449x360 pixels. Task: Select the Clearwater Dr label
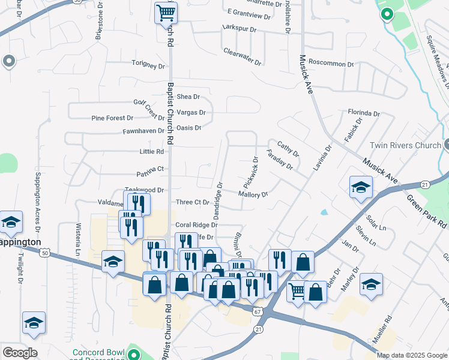tap(243, 57)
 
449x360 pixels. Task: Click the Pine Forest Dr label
tap(112, 118)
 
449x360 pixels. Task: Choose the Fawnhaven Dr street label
tap(143, 131)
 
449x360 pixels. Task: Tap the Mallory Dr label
tap(253, 194)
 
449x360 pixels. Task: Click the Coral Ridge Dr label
tap(196, 225)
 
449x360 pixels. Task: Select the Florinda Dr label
tap(364, 113)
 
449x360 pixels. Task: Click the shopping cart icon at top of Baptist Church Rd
tap(165, 12)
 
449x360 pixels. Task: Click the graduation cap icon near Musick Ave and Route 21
tap(360, 187)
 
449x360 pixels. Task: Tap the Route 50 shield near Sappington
tap(45, 254)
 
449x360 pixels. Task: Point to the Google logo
tap(20, 353)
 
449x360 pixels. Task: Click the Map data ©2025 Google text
tap(412, 355)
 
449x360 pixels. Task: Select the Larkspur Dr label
tap(239, 29)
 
